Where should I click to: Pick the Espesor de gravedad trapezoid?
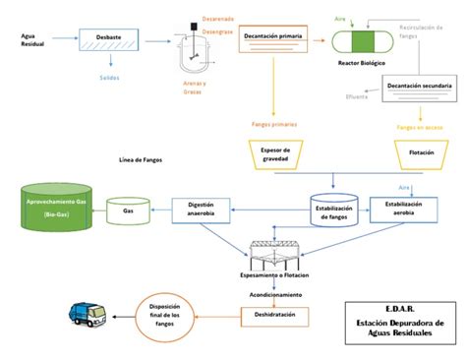[280, 152]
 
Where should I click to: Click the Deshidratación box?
[274, 316]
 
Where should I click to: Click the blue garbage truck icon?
[87, 315]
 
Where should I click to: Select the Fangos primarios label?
[274, 125]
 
